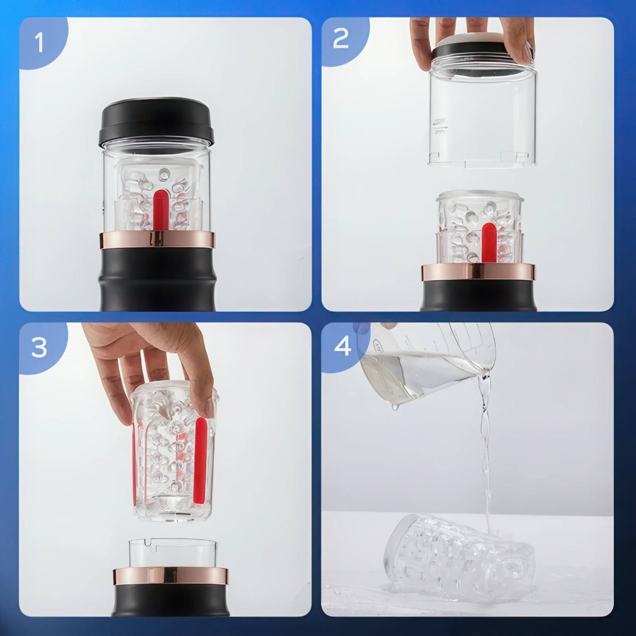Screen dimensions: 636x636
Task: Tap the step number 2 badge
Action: pos(341,39)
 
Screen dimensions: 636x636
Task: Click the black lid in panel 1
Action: pos(156,122)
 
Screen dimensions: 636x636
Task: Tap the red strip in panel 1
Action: pos(160,210)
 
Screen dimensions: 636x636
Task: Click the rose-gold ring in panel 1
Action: pos(156,240)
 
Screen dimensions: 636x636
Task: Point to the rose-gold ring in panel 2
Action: pos(478,272)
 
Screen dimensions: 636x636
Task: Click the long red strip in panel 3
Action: pos(200,447)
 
